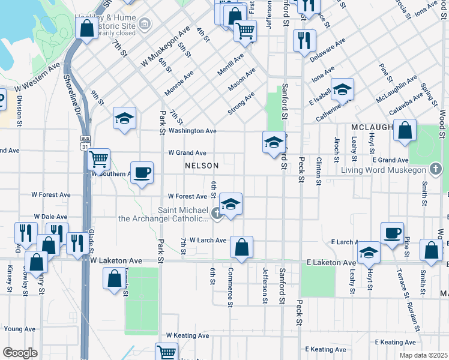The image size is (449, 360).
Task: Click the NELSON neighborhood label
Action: (x=202, y=165)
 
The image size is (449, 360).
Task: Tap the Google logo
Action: (x=20, y=352)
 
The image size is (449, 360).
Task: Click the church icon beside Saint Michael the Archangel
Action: (x=216, y=212)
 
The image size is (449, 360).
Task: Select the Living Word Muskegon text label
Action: (x=383, y=170)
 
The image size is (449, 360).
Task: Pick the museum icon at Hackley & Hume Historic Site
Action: (x=144, y=24)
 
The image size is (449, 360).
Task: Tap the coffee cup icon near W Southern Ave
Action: (x=142, y=173)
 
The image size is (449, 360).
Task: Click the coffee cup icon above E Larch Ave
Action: (x=392, y=233)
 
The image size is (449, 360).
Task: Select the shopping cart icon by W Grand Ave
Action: (x=98, y=160)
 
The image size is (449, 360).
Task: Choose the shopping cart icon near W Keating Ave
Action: (x=166, y=353)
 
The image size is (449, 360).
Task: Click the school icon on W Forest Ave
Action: (x=231, y=204)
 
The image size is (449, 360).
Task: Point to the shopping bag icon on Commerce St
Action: (x=241, y=247)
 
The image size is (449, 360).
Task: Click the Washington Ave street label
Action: (x=192, y=131)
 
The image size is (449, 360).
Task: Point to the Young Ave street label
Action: (x=20, y=329)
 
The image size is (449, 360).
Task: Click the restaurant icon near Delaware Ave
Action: (x=304, y=40)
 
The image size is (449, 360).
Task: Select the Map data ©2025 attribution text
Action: (x=423, y=355)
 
